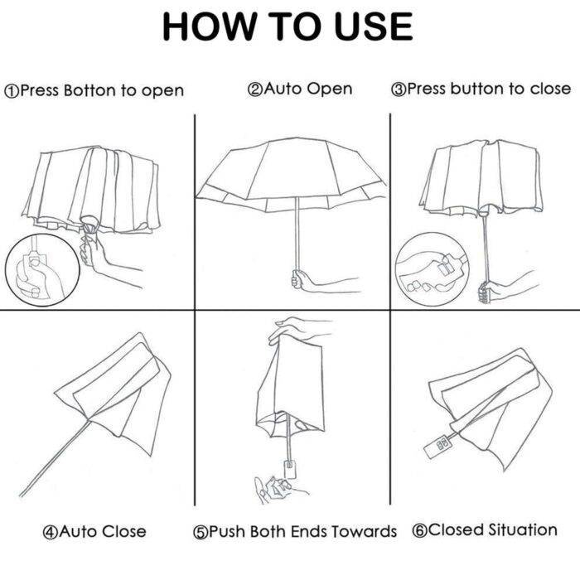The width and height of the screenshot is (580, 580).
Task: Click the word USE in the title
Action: pyautogui.click(x=374, y=27)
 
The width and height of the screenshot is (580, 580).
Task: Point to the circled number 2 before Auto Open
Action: pyautogui.click(x=254, y=89)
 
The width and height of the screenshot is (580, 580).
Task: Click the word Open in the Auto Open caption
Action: pyautogui.click(x=329, y=89)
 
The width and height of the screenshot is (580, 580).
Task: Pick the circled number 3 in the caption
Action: pyautogui.click(x=399, y=89)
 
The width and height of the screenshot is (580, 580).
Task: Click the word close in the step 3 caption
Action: pyautogui.click(x=550, y=89)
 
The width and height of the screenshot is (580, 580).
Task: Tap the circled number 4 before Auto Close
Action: pyautogui.click(x=50, y=533)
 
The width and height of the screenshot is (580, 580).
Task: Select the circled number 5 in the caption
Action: pyautogui.click(x=201, y=533)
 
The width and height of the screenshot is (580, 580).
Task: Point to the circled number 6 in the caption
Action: pyautogui.click(x=419, y=531)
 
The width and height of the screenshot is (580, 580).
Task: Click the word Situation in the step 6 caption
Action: pyautogui.click(x=523, y=529)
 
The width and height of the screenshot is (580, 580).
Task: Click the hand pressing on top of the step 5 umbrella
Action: pyautogui.click(x=296, y=329)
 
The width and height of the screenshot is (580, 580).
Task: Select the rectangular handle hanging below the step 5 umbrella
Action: pyautogui.click(x=290, y=469)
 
